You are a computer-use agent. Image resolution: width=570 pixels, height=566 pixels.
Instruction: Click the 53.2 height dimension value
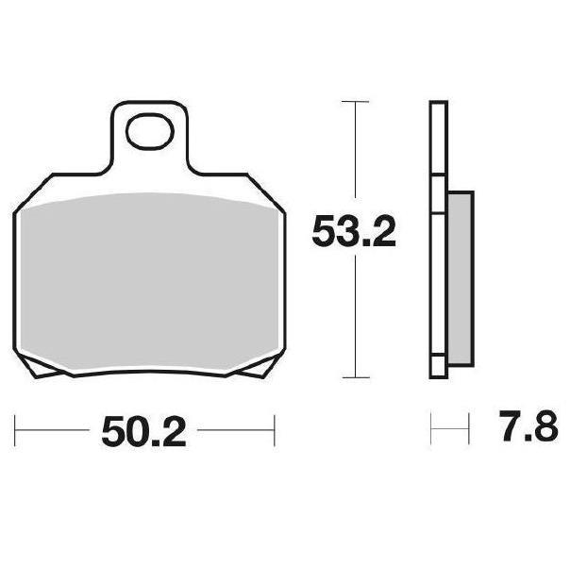point(354,231)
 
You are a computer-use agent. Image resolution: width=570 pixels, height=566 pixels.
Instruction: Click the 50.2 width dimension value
point(144,431)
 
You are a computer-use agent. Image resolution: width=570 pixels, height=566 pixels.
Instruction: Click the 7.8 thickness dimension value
point(528,425)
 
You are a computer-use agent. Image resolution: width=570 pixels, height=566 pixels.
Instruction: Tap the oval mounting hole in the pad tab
point(149,131)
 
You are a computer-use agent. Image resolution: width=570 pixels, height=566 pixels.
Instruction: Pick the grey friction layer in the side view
point(461,278)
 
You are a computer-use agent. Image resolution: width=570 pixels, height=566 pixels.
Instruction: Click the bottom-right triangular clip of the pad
point(260,366)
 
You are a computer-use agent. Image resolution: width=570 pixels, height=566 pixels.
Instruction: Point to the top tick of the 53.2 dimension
point(355,102)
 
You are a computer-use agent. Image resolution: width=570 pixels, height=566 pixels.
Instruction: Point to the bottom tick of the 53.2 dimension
point(356,377)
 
